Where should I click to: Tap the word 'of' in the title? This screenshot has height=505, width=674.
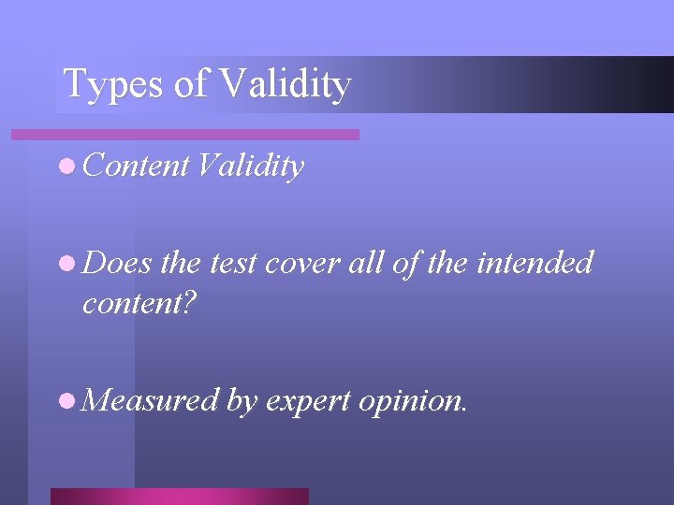pyautogui.click(x=191, y=84)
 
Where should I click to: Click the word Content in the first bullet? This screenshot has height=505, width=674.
pyautogui.click(x=136, y=166)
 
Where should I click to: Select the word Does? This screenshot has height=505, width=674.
pyautogui.click(x=117, y=263)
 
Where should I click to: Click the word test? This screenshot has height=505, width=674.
pyautogui.click(x=233, y=264)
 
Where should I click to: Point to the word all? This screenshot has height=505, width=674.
pyautogui.click(x=359, y=263)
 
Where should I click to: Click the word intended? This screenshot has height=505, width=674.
pyautogui.click(x=535, y=263)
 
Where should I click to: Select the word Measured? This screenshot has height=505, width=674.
pyautogui.click(x=150, y=400)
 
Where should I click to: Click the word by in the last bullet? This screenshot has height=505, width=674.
pyautogui.click(x=241, y=401)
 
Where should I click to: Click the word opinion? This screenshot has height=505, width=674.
pyautogui.click(x=413, y=401)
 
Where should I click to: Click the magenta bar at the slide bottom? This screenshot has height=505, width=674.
pyautogui.click(x=179, y=497)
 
